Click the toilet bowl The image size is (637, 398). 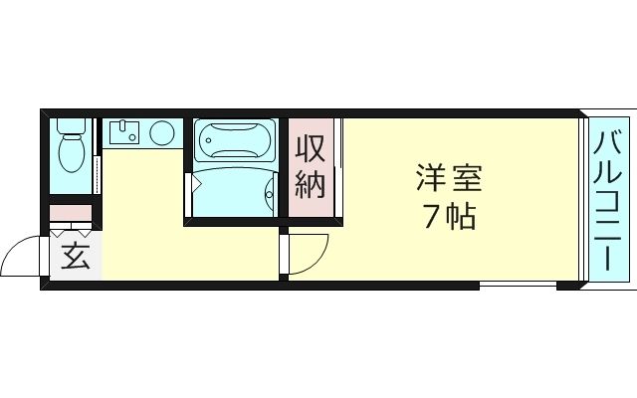click(71, 154)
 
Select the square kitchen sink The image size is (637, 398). click(124, 132)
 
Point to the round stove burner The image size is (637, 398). click(161, 132)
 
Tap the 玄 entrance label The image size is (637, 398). click(76, 257)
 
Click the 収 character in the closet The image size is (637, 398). click(310, 149)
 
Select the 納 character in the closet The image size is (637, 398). click(310, 183)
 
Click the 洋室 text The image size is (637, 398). click(448, 180)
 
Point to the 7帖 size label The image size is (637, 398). click(448, 216)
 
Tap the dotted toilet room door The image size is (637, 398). click(97, 169)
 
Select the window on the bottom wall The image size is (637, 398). click(518, 286)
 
